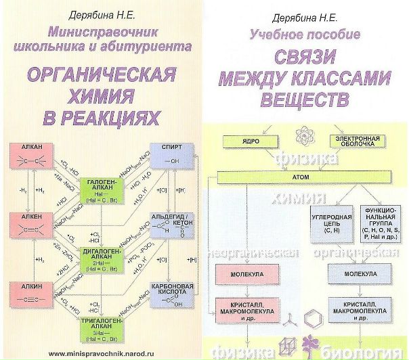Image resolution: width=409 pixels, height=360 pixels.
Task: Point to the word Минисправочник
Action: (102, 30)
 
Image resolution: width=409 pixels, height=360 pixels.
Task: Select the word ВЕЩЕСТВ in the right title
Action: (307, 100)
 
